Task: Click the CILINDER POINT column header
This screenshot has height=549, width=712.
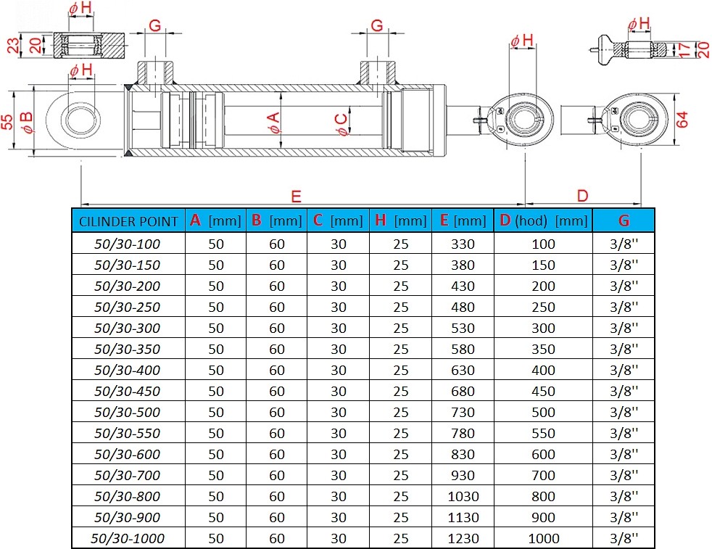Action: pyautogui.click(x=128, y=221)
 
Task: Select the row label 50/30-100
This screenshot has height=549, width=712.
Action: pyautogui.click(x=127, y=244)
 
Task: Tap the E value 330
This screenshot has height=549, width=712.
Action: pyautogui.click(x=463, y=244)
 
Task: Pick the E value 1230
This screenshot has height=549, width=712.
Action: pyautogui.click(x=463, y=538)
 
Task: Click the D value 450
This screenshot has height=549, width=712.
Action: pyautogui.click(x=543, y=391)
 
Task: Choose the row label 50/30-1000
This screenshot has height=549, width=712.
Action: pyautogui.click(x=127, y=538)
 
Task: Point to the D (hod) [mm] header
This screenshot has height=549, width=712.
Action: pyautogui.click(x=544, y=220)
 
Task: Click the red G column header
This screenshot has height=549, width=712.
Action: pyautogui.click(x=624, y=220)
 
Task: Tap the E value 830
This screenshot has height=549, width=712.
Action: pyautogui.click(x=463, y=454)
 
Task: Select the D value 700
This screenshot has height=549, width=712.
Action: pyautogui.click(x=543, y=475)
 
